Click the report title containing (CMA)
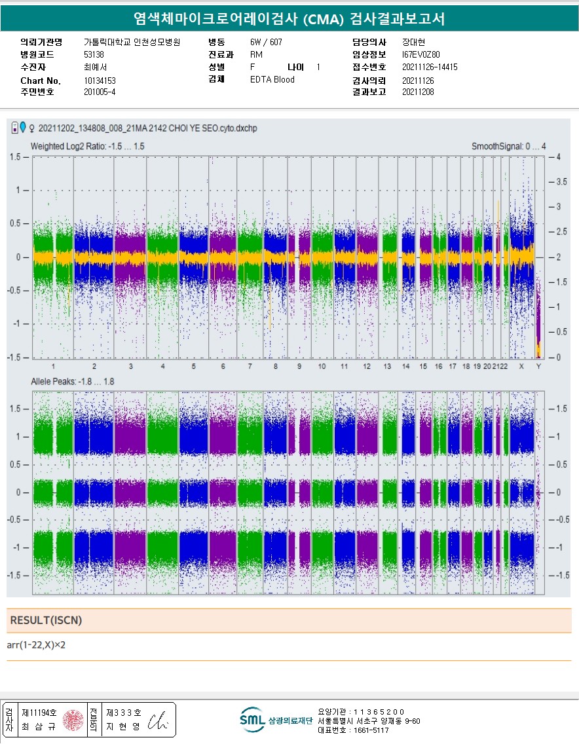click(289, 19)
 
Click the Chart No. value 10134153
click(100, 81)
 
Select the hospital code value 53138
click(94, 54)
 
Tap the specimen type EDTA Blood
click(272, 80)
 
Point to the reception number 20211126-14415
click(430, 67)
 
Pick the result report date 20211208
click(418, 92)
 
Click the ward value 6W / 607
click(266, 42)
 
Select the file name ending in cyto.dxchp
click(148, 128)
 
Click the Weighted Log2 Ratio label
click(87, 146)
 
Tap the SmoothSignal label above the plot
click(508, 146)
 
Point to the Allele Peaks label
click(73, 381)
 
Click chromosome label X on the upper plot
click(521, 366)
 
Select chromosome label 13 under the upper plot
click(388, 366)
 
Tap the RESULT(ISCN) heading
click(47, 620)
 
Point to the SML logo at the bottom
click(252, 720)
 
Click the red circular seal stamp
click(73, 719)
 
